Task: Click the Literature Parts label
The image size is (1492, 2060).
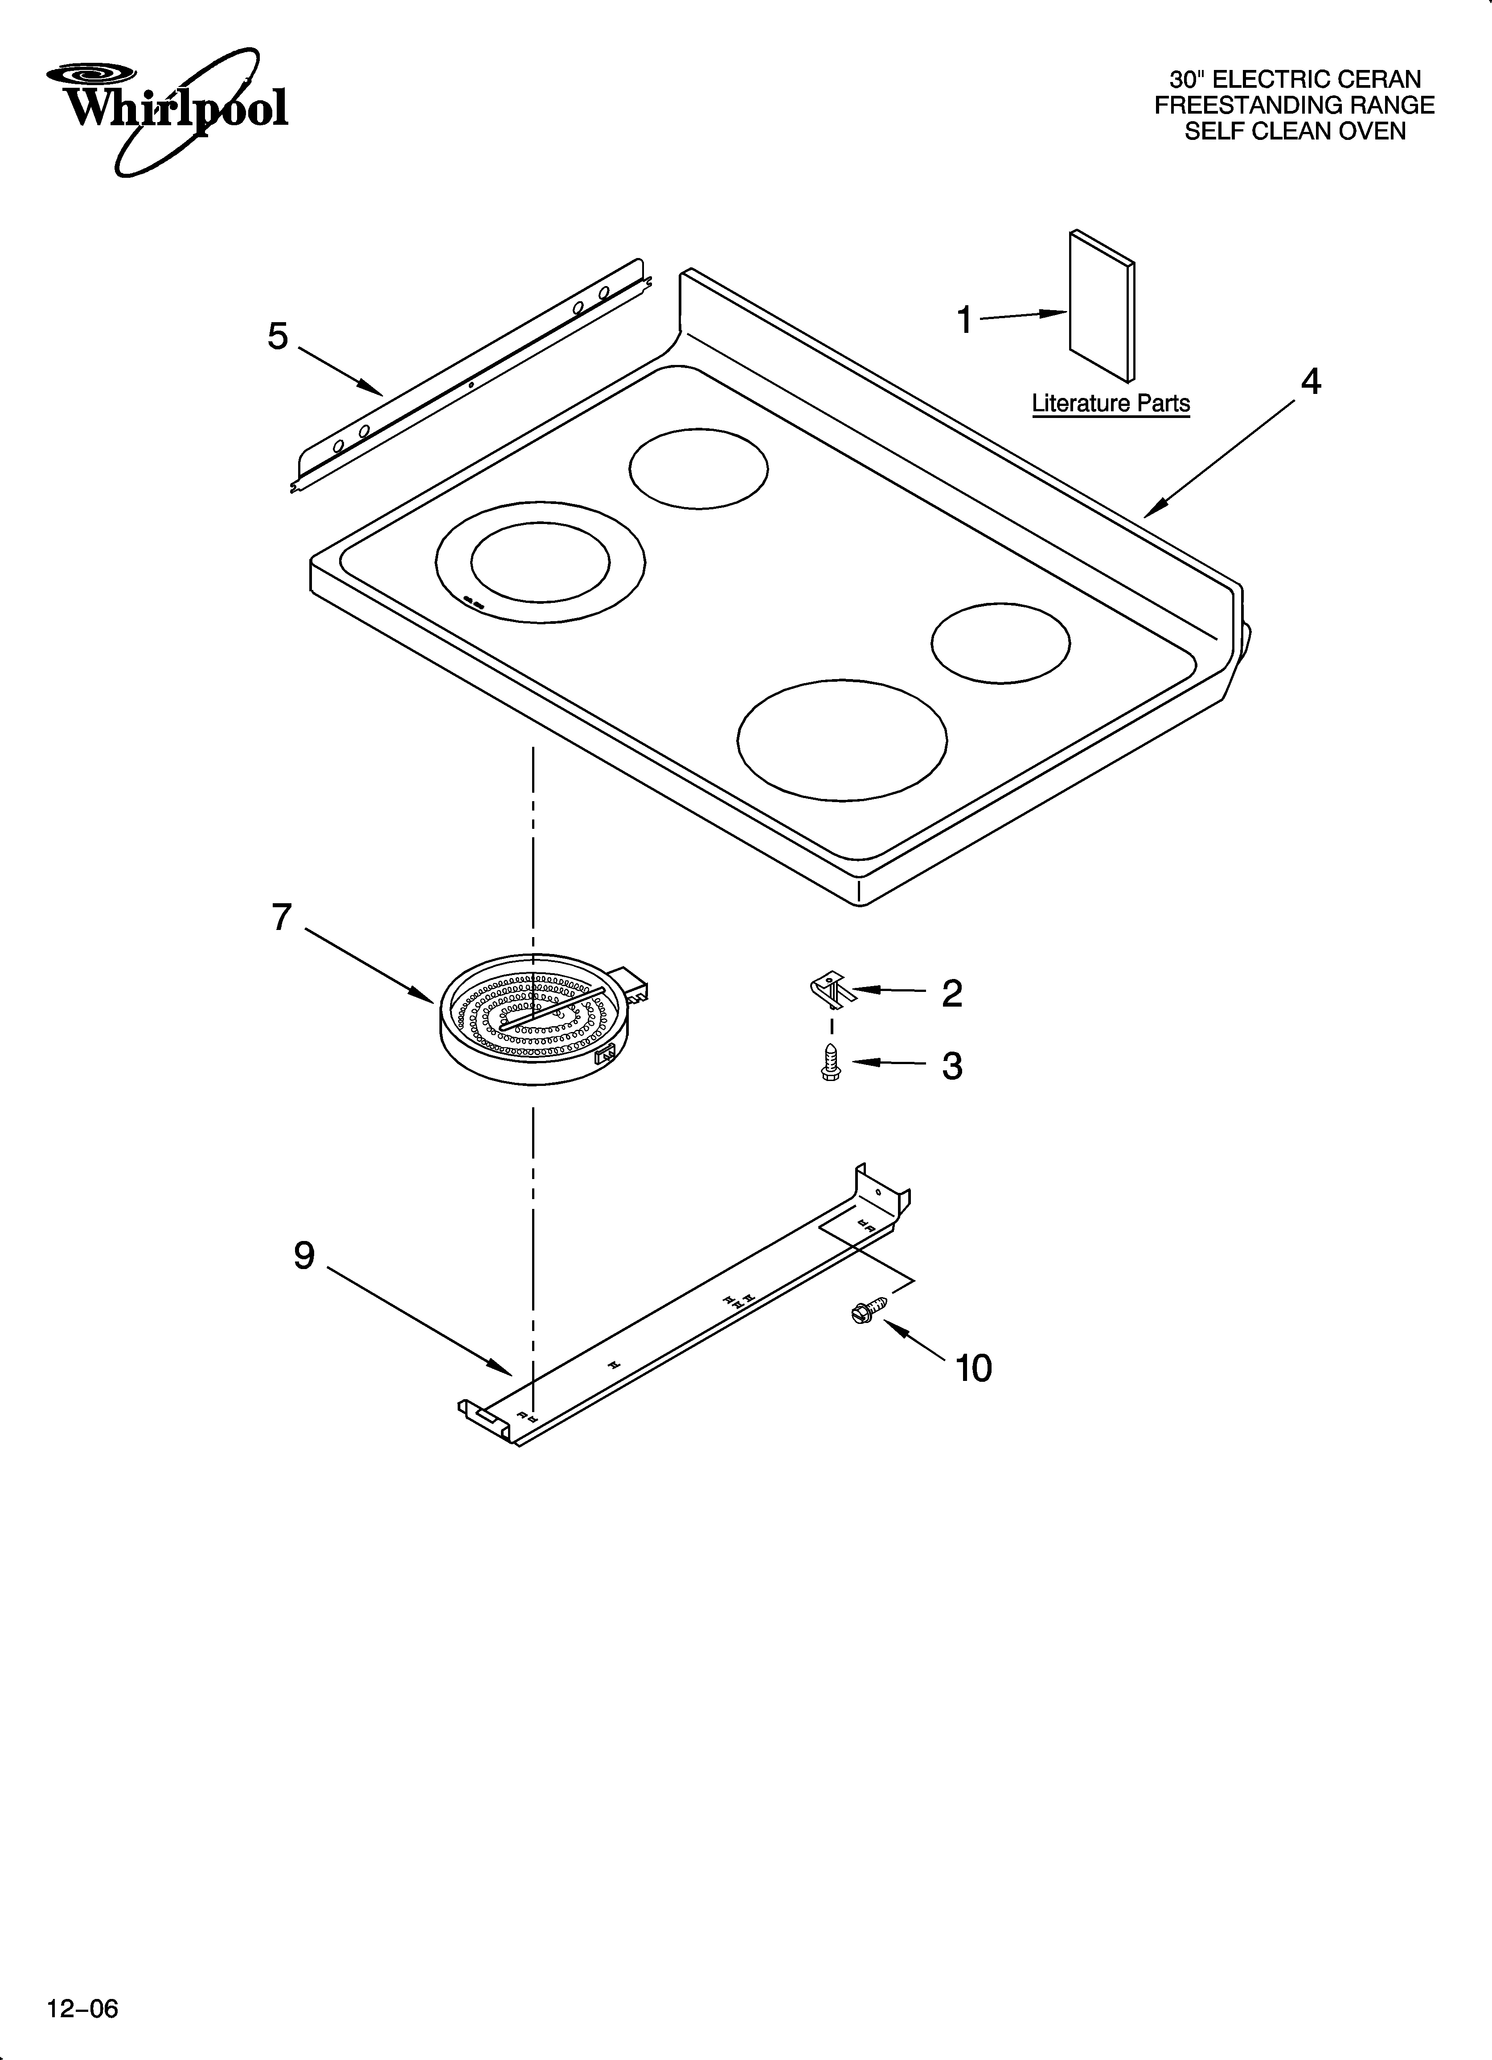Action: coord(1111,403)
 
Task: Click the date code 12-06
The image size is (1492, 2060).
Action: coord(83,2001)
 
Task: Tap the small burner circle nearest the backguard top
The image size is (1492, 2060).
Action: coord(698,469)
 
